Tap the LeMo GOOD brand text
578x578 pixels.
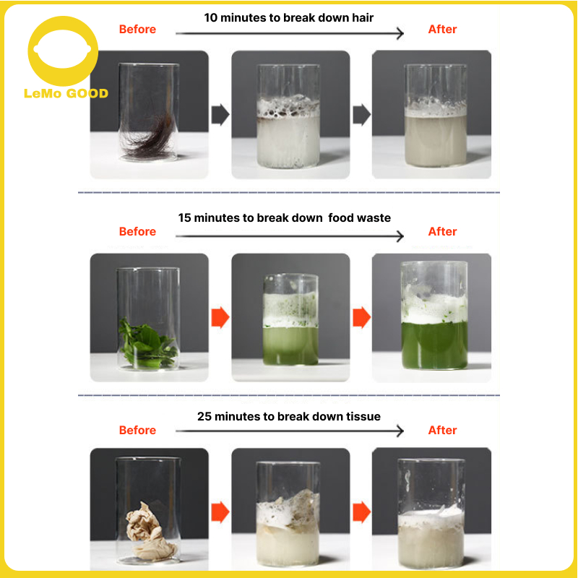point(66,94)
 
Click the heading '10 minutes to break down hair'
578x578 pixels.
point(288,17)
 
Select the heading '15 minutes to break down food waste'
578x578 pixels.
point(284,218)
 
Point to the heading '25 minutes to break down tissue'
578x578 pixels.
point(288,417)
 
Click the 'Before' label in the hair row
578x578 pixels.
point(137,30)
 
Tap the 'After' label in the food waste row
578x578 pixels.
point(442,231)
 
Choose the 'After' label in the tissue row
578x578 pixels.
point(442,430)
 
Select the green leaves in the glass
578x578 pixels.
point(147,345)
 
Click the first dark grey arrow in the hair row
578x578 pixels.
point(220,115)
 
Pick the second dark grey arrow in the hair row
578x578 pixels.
point(362,115)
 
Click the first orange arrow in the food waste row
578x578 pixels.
point(220,317)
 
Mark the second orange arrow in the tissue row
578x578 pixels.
point(362,512)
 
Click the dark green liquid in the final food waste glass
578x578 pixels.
point(435,345)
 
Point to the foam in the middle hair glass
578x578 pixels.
point(288,107)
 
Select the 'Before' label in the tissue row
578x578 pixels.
point(137,430)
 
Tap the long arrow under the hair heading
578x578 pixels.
point(290,33)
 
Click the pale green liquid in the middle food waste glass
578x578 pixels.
point(290,345)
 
